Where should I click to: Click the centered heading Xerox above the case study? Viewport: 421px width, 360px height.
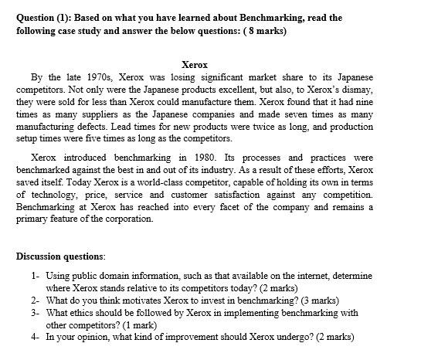(194, 65)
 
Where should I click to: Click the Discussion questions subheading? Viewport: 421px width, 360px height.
(62, 256)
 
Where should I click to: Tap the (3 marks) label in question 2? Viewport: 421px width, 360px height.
(317, 300)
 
